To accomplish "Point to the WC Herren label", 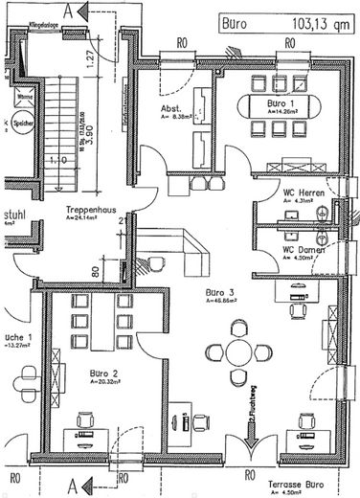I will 304,193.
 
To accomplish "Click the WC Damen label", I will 302,250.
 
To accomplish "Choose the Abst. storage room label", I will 171,110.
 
